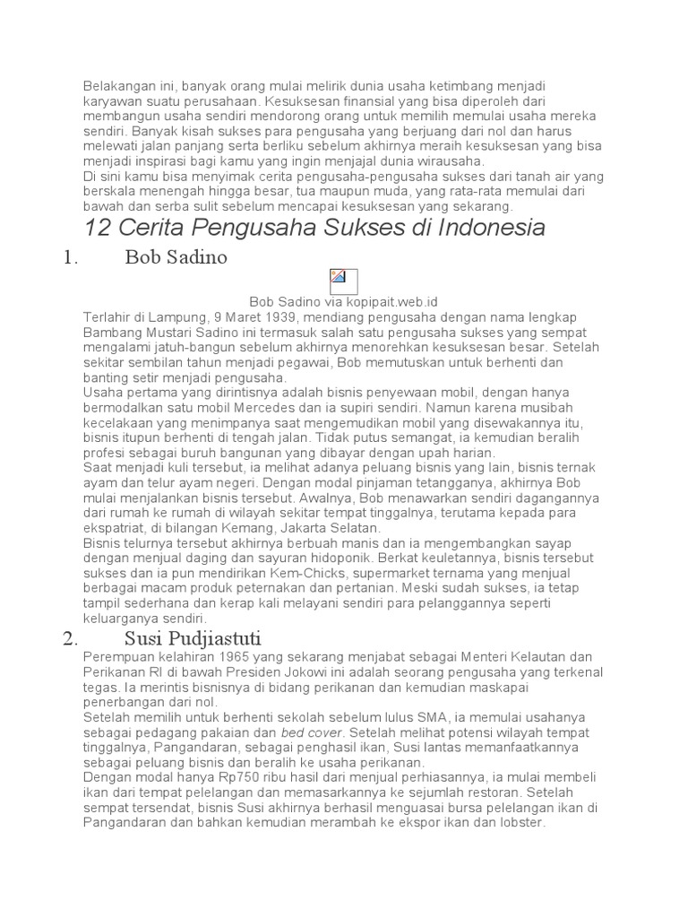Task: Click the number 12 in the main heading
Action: coord(99,227)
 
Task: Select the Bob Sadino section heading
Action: coord(176,258)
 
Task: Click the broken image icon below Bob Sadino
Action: coord(343,281)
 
